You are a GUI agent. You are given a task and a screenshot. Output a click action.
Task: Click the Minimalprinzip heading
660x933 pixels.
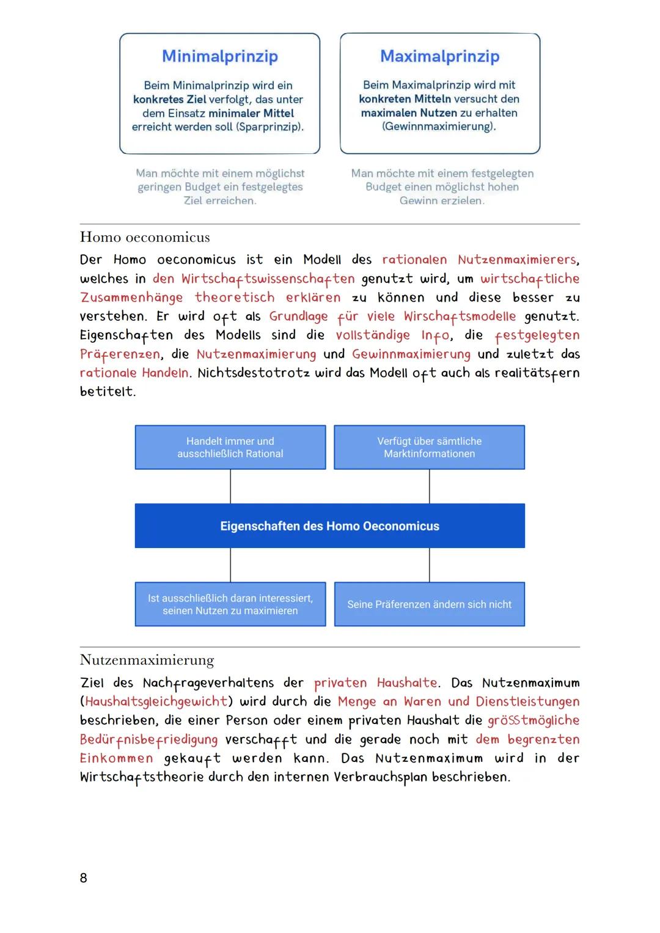tap(220, 56)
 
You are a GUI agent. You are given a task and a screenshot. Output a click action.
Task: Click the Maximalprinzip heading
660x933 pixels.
tap(439, 56)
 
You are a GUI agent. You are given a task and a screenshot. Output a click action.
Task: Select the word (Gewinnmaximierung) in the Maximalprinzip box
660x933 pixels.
tap(439, 126)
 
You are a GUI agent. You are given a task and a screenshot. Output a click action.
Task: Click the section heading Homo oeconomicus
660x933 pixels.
tap(145, 237)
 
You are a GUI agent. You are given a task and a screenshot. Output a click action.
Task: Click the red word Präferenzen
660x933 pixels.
tap(120, 354)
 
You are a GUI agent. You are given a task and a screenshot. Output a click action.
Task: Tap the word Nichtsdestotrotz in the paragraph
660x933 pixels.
tap(254, 373)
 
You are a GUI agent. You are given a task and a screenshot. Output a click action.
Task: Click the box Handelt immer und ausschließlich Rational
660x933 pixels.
tap(230, 447)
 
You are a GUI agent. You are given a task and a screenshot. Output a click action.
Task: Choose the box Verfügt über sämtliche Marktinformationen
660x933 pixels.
tap(429, 447)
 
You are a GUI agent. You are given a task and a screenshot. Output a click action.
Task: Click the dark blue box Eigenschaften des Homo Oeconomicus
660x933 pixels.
tap(329, 525)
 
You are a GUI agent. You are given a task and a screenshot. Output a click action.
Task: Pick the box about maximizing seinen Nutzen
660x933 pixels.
tap(230, 604)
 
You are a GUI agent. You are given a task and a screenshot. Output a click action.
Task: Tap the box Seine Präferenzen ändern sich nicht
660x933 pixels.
tap(429, 604)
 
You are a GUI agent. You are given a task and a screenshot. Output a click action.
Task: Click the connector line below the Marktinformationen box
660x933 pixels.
tap(430, 486)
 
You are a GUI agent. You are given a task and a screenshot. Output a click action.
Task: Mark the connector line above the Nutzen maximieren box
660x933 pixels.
tap(230, 565)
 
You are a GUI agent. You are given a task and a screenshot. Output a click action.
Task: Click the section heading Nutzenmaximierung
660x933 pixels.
tap(147, 660)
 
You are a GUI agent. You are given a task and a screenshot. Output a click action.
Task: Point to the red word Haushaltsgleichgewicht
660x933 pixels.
tap(156, 701)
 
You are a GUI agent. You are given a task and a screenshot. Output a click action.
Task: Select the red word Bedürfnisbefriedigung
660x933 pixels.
tap(148, 740)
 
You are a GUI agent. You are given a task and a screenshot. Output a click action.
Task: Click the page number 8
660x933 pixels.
tap(84, 878)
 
